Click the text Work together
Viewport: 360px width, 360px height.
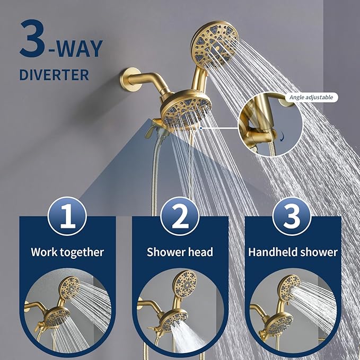(67, 252)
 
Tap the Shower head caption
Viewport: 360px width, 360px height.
(180, 252)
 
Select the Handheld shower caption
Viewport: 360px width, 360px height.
(293, 252)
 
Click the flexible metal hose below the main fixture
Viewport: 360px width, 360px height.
(155, 175)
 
